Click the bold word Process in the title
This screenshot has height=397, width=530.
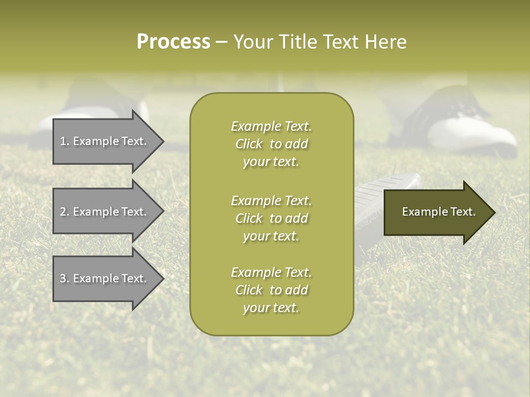173,42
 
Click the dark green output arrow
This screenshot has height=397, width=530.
436,212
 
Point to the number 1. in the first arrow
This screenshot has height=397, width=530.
65,141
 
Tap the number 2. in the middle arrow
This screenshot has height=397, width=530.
65,212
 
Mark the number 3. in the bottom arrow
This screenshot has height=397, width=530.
65,278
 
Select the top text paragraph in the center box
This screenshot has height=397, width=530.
271,144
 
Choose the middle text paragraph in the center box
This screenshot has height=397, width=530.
271,218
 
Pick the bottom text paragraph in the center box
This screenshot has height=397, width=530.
271,290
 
